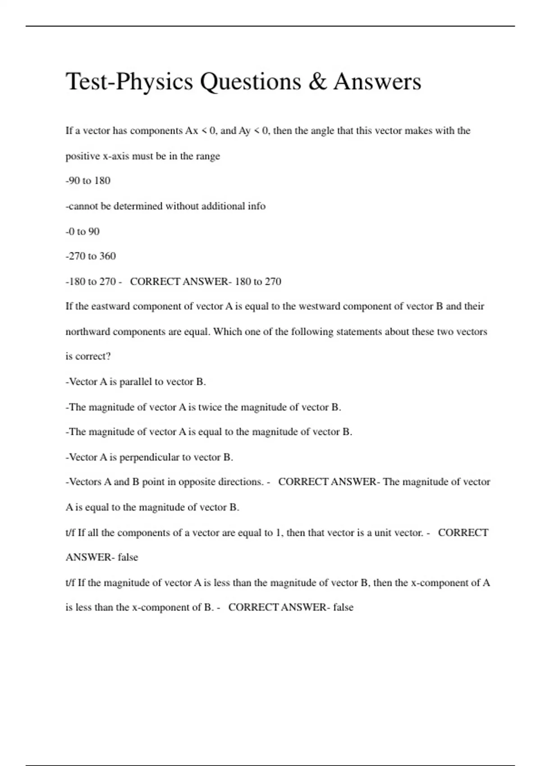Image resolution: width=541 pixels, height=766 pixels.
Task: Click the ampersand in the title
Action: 318,82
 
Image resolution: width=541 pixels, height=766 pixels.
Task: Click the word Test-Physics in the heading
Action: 129,82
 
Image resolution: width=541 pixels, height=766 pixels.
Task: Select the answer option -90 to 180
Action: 88,181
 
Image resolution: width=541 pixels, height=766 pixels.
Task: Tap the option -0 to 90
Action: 83,232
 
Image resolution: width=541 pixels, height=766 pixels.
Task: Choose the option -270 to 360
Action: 91,256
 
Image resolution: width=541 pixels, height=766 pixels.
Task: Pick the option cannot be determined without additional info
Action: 165,206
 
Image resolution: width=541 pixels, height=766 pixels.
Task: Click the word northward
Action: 88,332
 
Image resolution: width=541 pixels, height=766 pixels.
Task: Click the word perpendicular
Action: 149,457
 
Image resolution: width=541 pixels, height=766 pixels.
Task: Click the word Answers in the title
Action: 377,82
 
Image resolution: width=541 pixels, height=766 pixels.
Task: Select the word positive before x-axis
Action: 83,156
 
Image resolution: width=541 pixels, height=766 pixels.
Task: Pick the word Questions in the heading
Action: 250,82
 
